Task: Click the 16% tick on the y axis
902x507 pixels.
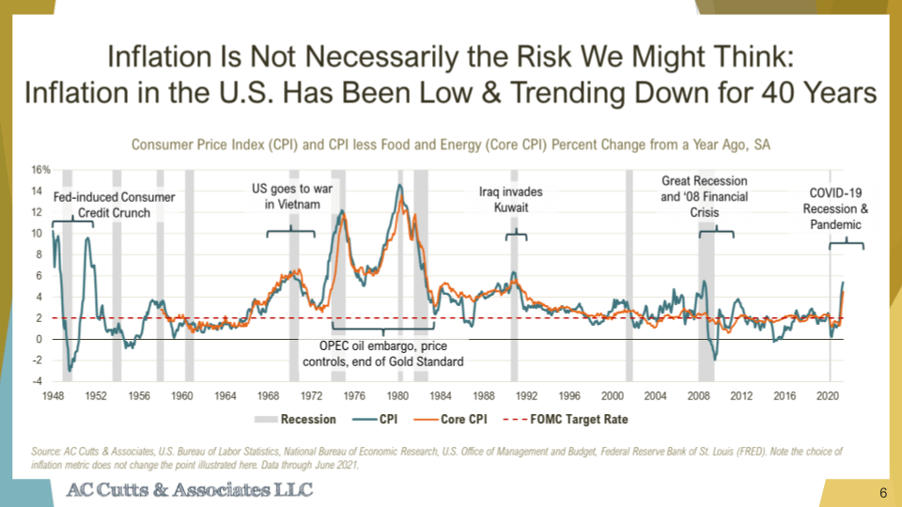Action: [40, 170]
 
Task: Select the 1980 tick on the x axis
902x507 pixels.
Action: [399, 396]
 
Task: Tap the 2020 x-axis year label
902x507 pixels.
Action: [829, 396]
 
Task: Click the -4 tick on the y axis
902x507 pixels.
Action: [42, 380]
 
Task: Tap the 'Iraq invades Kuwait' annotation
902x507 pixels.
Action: [511, 199]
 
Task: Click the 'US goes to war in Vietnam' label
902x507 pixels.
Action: [292, 196]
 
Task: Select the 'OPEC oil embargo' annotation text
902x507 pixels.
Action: [382, 353]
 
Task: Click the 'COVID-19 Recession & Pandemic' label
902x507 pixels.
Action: [835, 209]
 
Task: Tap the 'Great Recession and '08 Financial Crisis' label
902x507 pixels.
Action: [704, 196]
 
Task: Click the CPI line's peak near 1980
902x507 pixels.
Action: [400, 184]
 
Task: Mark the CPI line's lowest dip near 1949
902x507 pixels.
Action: [69, 370]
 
